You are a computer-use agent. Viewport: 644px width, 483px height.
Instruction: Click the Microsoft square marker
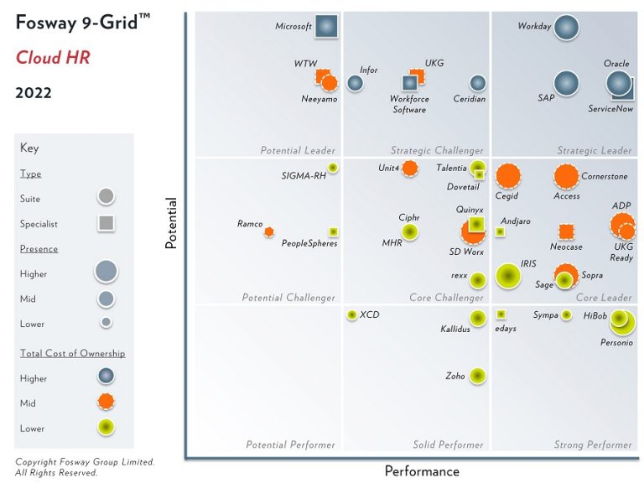pyautogui.click(x=326, y=26)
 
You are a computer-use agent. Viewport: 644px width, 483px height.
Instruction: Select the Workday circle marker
pyautogui.click(x=567, y=27)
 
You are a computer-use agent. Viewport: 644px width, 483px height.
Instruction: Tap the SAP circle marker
pyautogui.click(x=567, y=83)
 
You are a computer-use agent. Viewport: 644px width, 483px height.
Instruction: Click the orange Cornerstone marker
pyautogui.click(x=567, y=177)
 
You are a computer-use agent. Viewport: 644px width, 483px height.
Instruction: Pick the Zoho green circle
pyautogui.click(x=477, y=376)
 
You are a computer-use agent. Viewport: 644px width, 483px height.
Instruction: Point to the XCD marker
pyautogui.click(x=351, y=314)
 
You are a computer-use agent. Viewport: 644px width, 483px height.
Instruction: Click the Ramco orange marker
pyautogui.click(x=269, y=231)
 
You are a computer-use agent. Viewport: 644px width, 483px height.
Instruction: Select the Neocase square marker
pyautogui.click(x=566, y=231)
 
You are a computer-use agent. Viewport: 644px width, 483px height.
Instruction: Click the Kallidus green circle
pyautogui.click(x=477, y=317)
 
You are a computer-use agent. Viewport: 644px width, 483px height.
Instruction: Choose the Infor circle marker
pyautogui.click(x=355, y=83)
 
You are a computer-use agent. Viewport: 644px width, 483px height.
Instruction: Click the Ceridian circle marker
pyautogui.click(x=477, y=83)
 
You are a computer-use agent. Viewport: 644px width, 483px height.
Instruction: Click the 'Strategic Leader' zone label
pyautogui.click(x=594, y=151)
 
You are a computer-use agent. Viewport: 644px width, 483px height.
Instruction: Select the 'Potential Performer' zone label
pyautogui.click(x=290, y=444)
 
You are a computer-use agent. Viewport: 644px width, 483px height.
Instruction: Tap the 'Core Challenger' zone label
pyautogui.click(x=446, y=298)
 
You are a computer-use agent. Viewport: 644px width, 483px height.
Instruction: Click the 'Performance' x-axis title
pyautogui.click(x=422, y=471)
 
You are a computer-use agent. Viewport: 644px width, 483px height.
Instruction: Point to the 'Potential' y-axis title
pyautogui.click(x=171, y=222)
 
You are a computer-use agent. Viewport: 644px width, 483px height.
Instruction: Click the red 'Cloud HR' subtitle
pyautogui.click(x=53, y=57)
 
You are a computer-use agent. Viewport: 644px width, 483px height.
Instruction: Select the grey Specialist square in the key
pyautogui.click(x=106, y=224)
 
